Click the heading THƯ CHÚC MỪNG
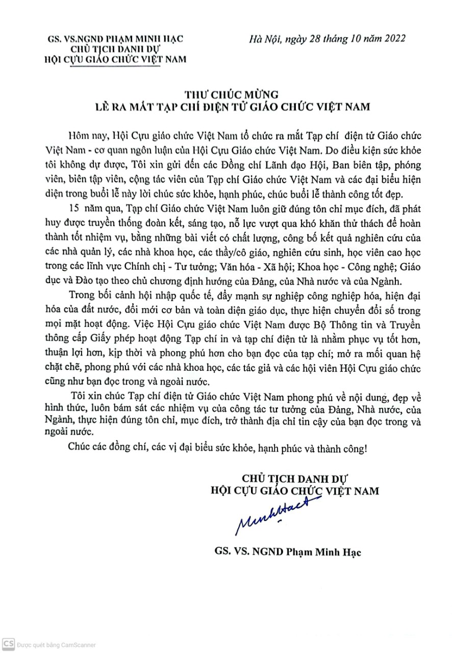[226, 94]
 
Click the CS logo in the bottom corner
[8, 644]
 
